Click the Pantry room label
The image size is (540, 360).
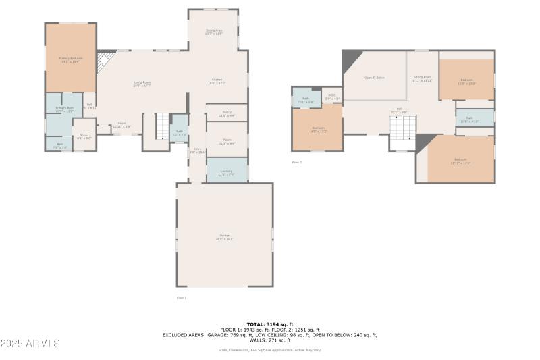coord(227,113)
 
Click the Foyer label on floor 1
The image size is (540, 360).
coord(122,124)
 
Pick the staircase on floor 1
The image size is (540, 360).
coord(162,126)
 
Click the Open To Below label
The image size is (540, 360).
coord(374,78)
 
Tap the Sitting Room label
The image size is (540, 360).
coord(422,78)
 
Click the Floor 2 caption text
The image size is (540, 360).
coord(296,162)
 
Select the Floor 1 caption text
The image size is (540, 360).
coord(181,297)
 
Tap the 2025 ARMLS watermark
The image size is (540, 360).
coord(30,344)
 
